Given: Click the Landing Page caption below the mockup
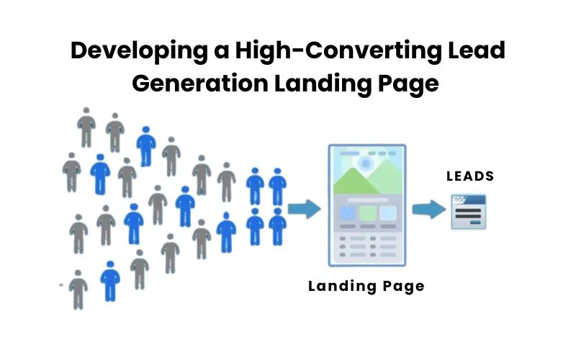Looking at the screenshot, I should tap(366, 286).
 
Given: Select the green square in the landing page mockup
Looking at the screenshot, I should tap(367, 213).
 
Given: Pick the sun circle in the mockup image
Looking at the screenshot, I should tap(366, 163).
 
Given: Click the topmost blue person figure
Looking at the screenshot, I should tap(146, 145).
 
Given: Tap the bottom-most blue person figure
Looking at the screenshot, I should tap(110, 280).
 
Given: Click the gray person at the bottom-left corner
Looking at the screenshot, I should tap(78, 289).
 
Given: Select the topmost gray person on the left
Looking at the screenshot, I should tap(86, 127).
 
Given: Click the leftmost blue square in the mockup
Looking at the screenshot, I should tap(347, 213).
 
